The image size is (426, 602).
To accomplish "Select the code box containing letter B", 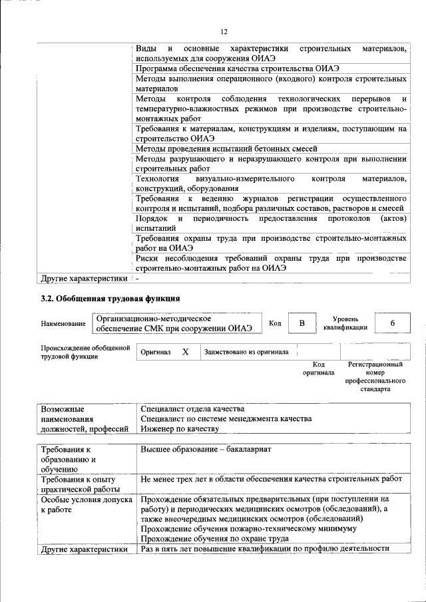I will (302, 323).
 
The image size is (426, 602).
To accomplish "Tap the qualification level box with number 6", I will (392, 323).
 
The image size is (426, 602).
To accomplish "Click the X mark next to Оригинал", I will (186, 352).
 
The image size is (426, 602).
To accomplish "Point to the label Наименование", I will (63, 324).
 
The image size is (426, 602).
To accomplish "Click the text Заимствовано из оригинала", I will (246, 352).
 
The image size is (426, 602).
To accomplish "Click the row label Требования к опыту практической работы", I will (79, 484).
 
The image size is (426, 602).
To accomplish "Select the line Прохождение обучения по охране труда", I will (214, 538).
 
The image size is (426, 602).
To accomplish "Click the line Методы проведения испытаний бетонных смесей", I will (226, 148).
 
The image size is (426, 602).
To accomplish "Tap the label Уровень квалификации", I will (345, 323).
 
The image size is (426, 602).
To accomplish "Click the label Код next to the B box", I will (274, 323).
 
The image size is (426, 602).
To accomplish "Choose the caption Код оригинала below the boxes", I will (319, 369).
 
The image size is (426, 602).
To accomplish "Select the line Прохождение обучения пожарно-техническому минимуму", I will (246, 528).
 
